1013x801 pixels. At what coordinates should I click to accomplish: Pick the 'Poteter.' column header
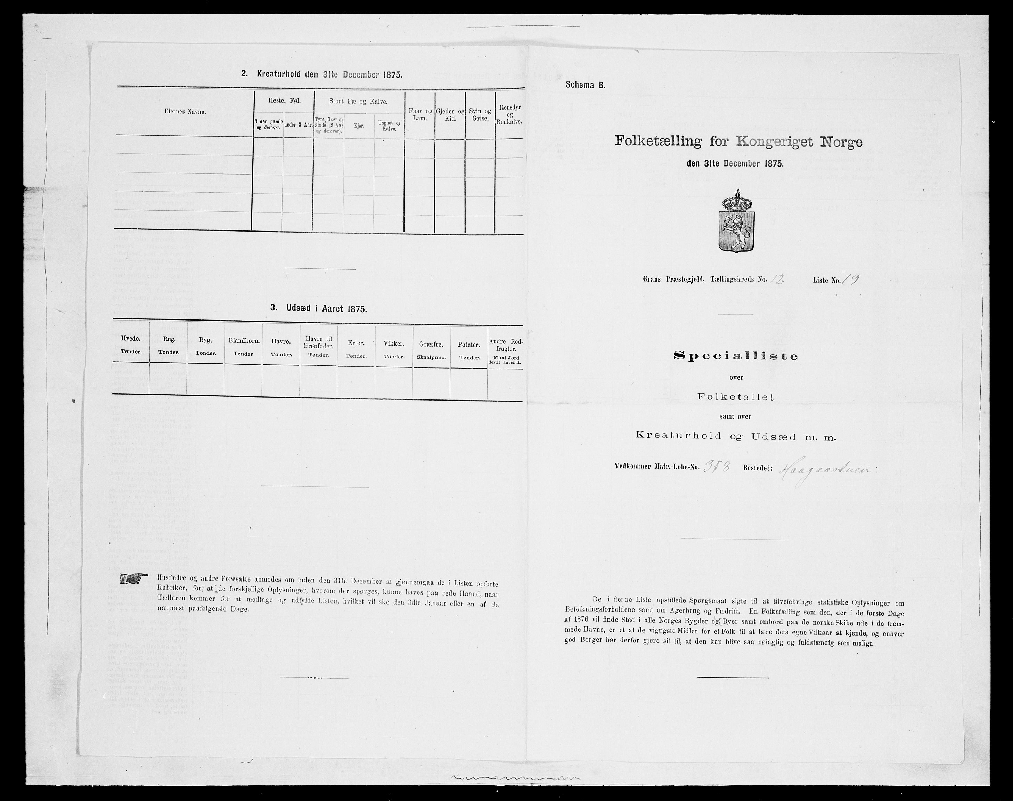(469, 345)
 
